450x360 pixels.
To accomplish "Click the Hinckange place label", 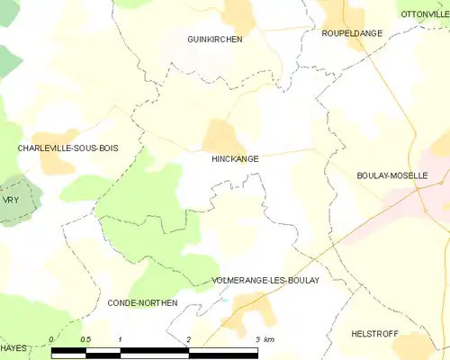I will click(235, 158).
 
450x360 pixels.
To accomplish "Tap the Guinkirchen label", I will click(214, 40).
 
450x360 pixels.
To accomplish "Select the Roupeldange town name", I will click(351, 33).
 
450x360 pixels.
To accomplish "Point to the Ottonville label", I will click(424, 13).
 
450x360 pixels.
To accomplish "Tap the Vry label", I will click(11, 200).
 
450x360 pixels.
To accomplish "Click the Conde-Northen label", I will click(142, 303).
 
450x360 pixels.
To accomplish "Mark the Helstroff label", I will click(374, 333).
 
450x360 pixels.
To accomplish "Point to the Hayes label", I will click(13, 346).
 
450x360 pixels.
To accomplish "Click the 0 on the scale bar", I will click(51, 339).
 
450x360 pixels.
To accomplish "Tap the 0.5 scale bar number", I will click(85, 339).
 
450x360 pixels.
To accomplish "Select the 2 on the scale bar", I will click(188, 339).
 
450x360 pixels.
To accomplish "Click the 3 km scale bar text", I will click(264, 339).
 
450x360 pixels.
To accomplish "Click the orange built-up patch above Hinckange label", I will click(219, 136).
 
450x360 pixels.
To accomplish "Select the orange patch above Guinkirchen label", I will click(238, 15).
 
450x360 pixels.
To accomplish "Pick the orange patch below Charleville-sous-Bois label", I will click(56, 163).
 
